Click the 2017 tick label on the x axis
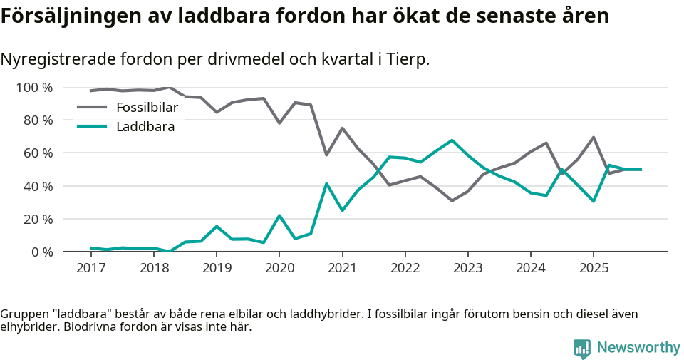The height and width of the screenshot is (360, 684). point(90,267)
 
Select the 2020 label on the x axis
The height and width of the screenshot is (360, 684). point(279,267)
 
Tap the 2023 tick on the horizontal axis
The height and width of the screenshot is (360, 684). point(467,267)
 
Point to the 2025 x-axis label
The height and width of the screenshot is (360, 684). point(594,267)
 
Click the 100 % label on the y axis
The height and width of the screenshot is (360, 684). point(34,88)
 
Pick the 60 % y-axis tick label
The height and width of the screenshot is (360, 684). point(37,153)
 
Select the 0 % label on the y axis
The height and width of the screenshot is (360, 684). point(41,252)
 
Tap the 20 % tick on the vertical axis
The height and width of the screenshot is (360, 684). point(37,219)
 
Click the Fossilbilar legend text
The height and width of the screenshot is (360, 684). point(147,108)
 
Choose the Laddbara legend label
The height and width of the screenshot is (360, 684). point(145,127)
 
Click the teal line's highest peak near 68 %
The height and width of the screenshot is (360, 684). point(452,140)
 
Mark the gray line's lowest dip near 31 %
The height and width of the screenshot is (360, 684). point(452,200)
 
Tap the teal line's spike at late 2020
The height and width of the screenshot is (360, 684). point(326,184)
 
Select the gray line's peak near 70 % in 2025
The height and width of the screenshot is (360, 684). point(594,138)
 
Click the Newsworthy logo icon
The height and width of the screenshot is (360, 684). point(582,348)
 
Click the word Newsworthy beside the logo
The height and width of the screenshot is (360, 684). point(638,348)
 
